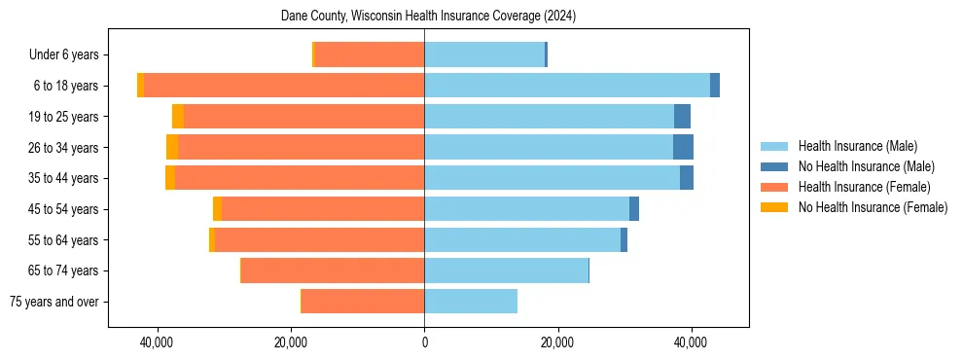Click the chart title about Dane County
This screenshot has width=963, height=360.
[428, 17]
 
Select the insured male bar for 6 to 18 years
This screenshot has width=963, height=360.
[567, 86]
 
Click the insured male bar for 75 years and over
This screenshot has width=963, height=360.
[471, 302]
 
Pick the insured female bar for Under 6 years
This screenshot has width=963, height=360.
[370, 54]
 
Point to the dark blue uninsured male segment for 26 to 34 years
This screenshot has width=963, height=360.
[683, 147]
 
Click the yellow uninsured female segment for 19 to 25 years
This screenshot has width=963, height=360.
[178, 117]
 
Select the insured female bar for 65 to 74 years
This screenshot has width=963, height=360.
[333, 270]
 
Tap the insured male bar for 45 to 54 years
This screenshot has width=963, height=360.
[526, 209]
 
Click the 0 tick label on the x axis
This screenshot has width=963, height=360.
[424, 343]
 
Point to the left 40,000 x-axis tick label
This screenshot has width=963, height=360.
[157, 343]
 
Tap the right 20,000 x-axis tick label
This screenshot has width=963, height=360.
[557, 343]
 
